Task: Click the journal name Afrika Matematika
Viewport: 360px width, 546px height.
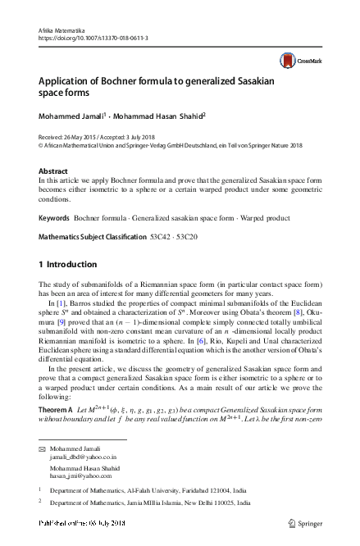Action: click(62, 30)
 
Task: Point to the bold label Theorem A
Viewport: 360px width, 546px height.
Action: click(56, 408)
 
